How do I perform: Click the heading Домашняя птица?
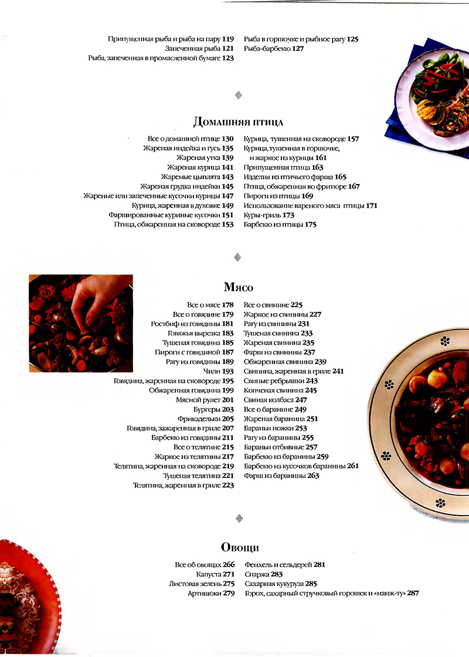click(238, 122)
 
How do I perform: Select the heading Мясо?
click(238, 287)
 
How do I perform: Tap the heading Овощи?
click(239, 547)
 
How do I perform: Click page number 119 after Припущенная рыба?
click(228, 39)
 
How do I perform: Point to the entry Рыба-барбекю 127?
click(273, 49)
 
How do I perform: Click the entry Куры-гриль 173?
click(269, 215)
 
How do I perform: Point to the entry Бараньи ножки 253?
click(275, 428)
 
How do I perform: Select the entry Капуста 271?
click(215, 574)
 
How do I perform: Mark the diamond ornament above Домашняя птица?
click(238, 94)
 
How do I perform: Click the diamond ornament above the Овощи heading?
click(238, 518)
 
